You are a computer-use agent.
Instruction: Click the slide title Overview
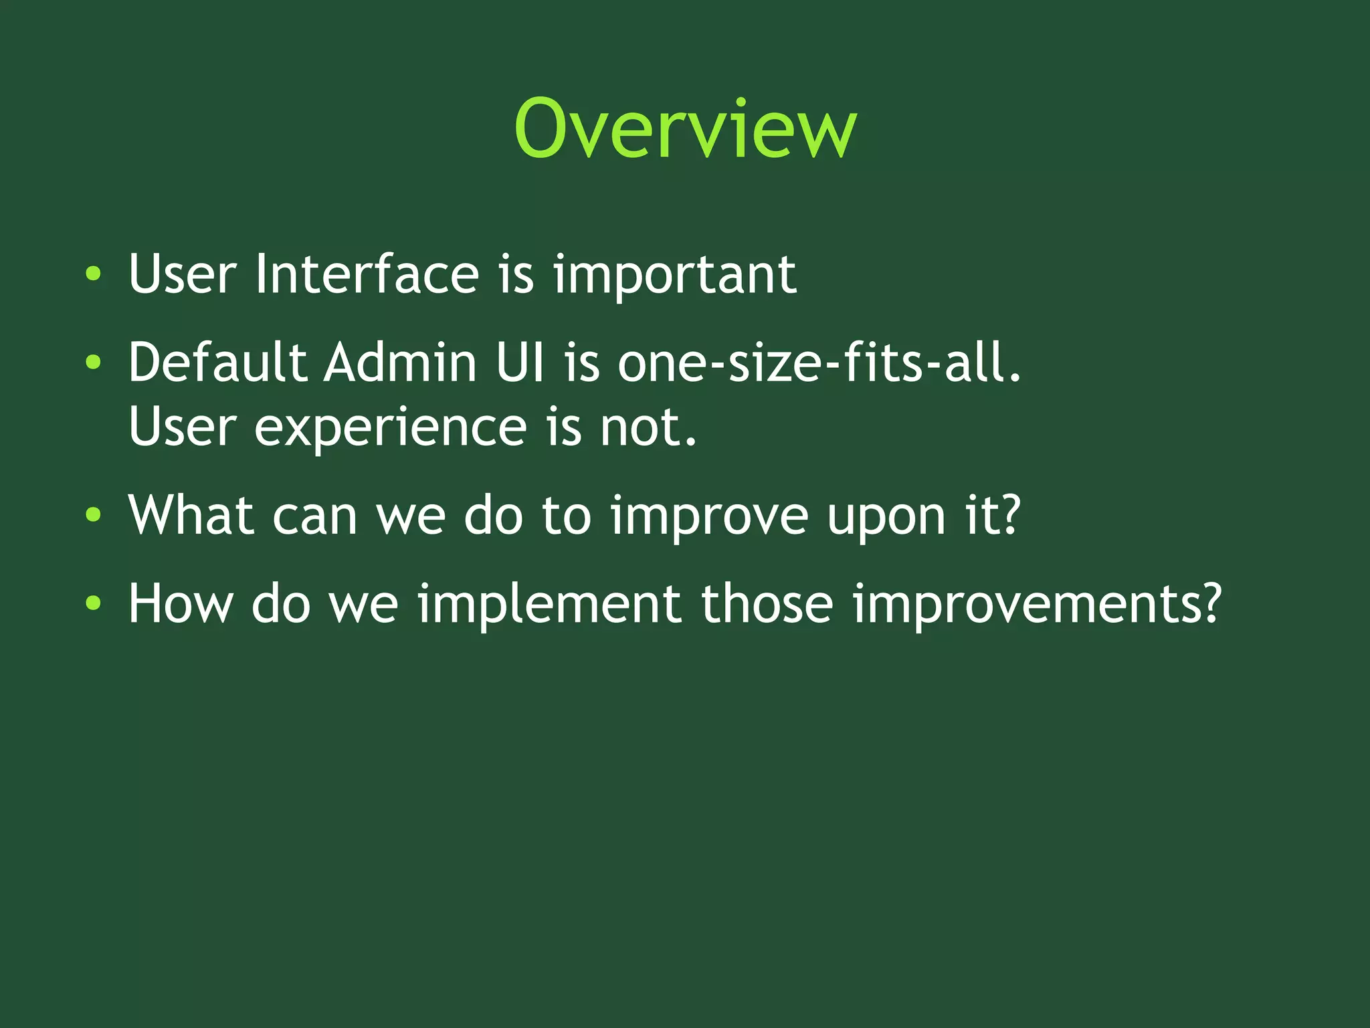click(685, 128)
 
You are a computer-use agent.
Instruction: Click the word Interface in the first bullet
click(367, 274)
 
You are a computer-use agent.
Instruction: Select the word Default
click(217, 363)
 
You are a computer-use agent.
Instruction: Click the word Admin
click(400, 363)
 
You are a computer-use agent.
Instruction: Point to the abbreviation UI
click(520, 363)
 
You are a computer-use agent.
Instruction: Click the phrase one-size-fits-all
click(819, 363)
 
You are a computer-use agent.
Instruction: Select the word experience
click(390, 428)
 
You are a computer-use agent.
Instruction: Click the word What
click(191, 515)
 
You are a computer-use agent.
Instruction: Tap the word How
click(181, 603)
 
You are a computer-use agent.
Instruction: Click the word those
click(767, 603)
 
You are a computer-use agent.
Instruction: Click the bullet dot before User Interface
click(94, 274)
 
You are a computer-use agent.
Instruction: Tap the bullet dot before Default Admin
click(94, 363)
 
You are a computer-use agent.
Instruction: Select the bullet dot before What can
click(94, 515)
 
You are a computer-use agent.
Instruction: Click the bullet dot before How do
click(94, 603)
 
